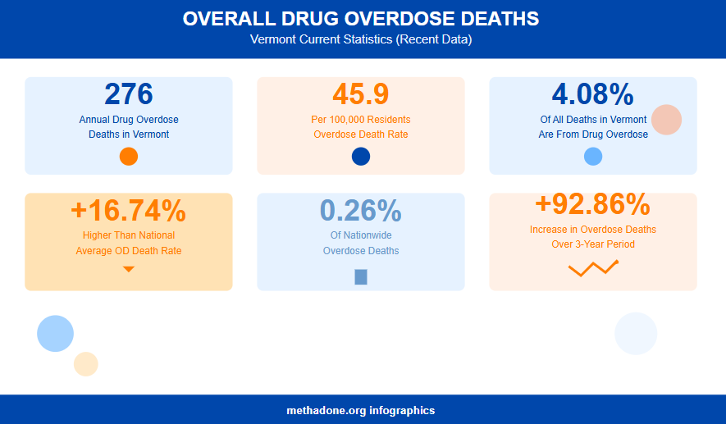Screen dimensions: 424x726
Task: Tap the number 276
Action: point(129,94)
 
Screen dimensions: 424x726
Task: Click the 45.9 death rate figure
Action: point(361,94)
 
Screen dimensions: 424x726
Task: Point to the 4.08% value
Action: point(592,94)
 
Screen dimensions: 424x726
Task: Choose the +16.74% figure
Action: point(129,211)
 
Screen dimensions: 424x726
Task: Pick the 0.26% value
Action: point(361,211)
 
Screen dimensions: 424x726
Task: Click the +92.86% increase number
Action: point(592,203)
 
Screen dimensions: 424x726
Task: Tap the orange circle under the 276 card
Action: point(129,157)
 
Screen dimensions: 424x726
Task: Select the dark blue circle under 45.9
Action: point(361,157)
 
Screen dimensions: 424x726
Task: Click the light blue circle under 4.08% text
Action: point(593,157)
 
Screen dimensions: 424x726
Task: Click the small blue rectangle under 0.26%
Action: point(361,277)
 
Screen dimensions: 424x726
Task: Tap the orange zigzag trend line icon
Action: point(593,268)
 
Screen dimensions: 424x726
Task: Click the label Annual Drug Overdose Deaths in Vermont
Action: point(129,126)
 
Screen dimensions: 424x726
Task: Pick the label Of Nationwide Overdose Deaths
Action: point(361,243)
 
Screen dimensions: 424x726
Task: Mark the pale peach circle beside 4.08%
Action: point(667,120)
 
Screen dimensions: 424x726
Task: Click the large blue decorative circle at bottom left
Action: point(56,333)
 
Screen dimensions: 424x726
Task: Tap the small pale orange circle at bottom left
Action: point(86,364)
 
